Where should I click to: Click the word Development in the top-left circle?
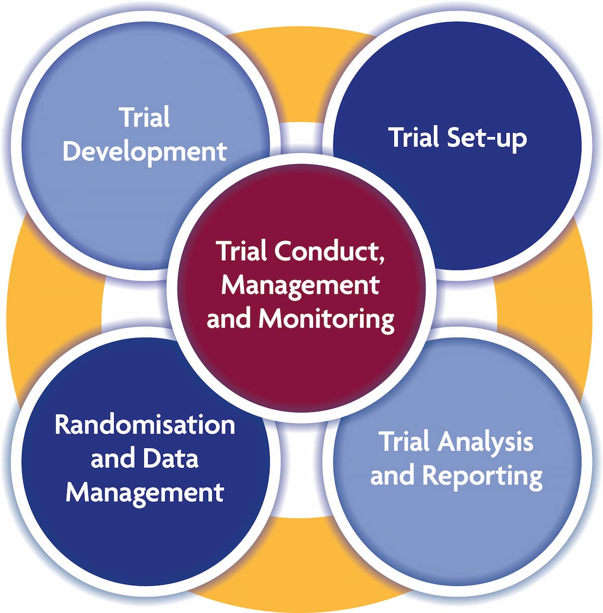pos(145,151)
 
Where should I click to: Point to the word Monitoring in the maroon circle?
pos(326,319)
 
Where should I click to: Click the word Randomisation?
pos(145,424)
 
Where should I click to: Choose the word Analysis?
pos(485,443)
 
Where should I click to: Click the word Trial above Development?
pos(145,117)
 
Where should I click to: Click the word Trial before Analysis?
pos(404,442)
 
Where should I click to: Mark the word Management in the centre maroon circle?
pos(300,285)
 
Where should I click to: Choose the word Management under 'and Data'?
pos(145,492)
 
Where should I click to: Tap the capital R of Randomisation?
pos(62,424)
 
